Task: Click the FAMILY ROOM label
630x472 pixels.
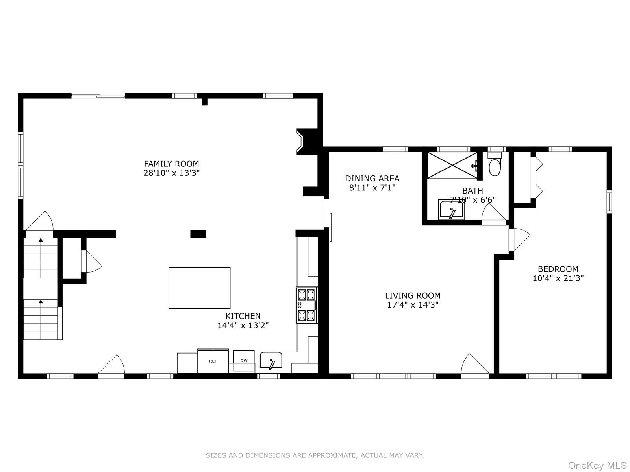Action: (171, 164)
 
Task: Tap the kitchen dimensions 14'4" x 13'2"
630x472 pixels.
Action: (243, 325)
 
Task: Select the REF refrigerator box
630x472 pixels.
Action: (213, 361)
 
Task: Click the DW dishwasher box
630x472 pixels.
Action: (244, 360)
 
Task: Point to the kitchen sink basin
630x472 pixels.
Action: (271, 360)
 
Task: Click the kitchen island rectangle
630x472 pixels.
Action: (199, 288)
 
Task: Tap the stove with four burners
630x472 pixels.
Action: (307, 305)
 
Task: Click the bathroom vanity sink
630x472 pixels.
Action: (451, 210)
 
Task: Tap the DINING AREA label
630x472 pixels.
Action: (372, 179)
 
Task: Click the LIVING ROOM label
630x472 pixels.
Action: (413, 295)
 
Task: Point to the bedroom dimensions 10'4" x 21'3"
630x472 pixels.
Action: (558, 278)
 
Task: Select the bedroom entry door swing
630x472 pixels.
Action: (519, 239)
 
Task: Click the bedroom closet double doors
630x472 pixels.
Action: (537, 178)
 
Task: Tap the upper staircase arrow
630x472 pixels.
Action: (41, 240)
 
